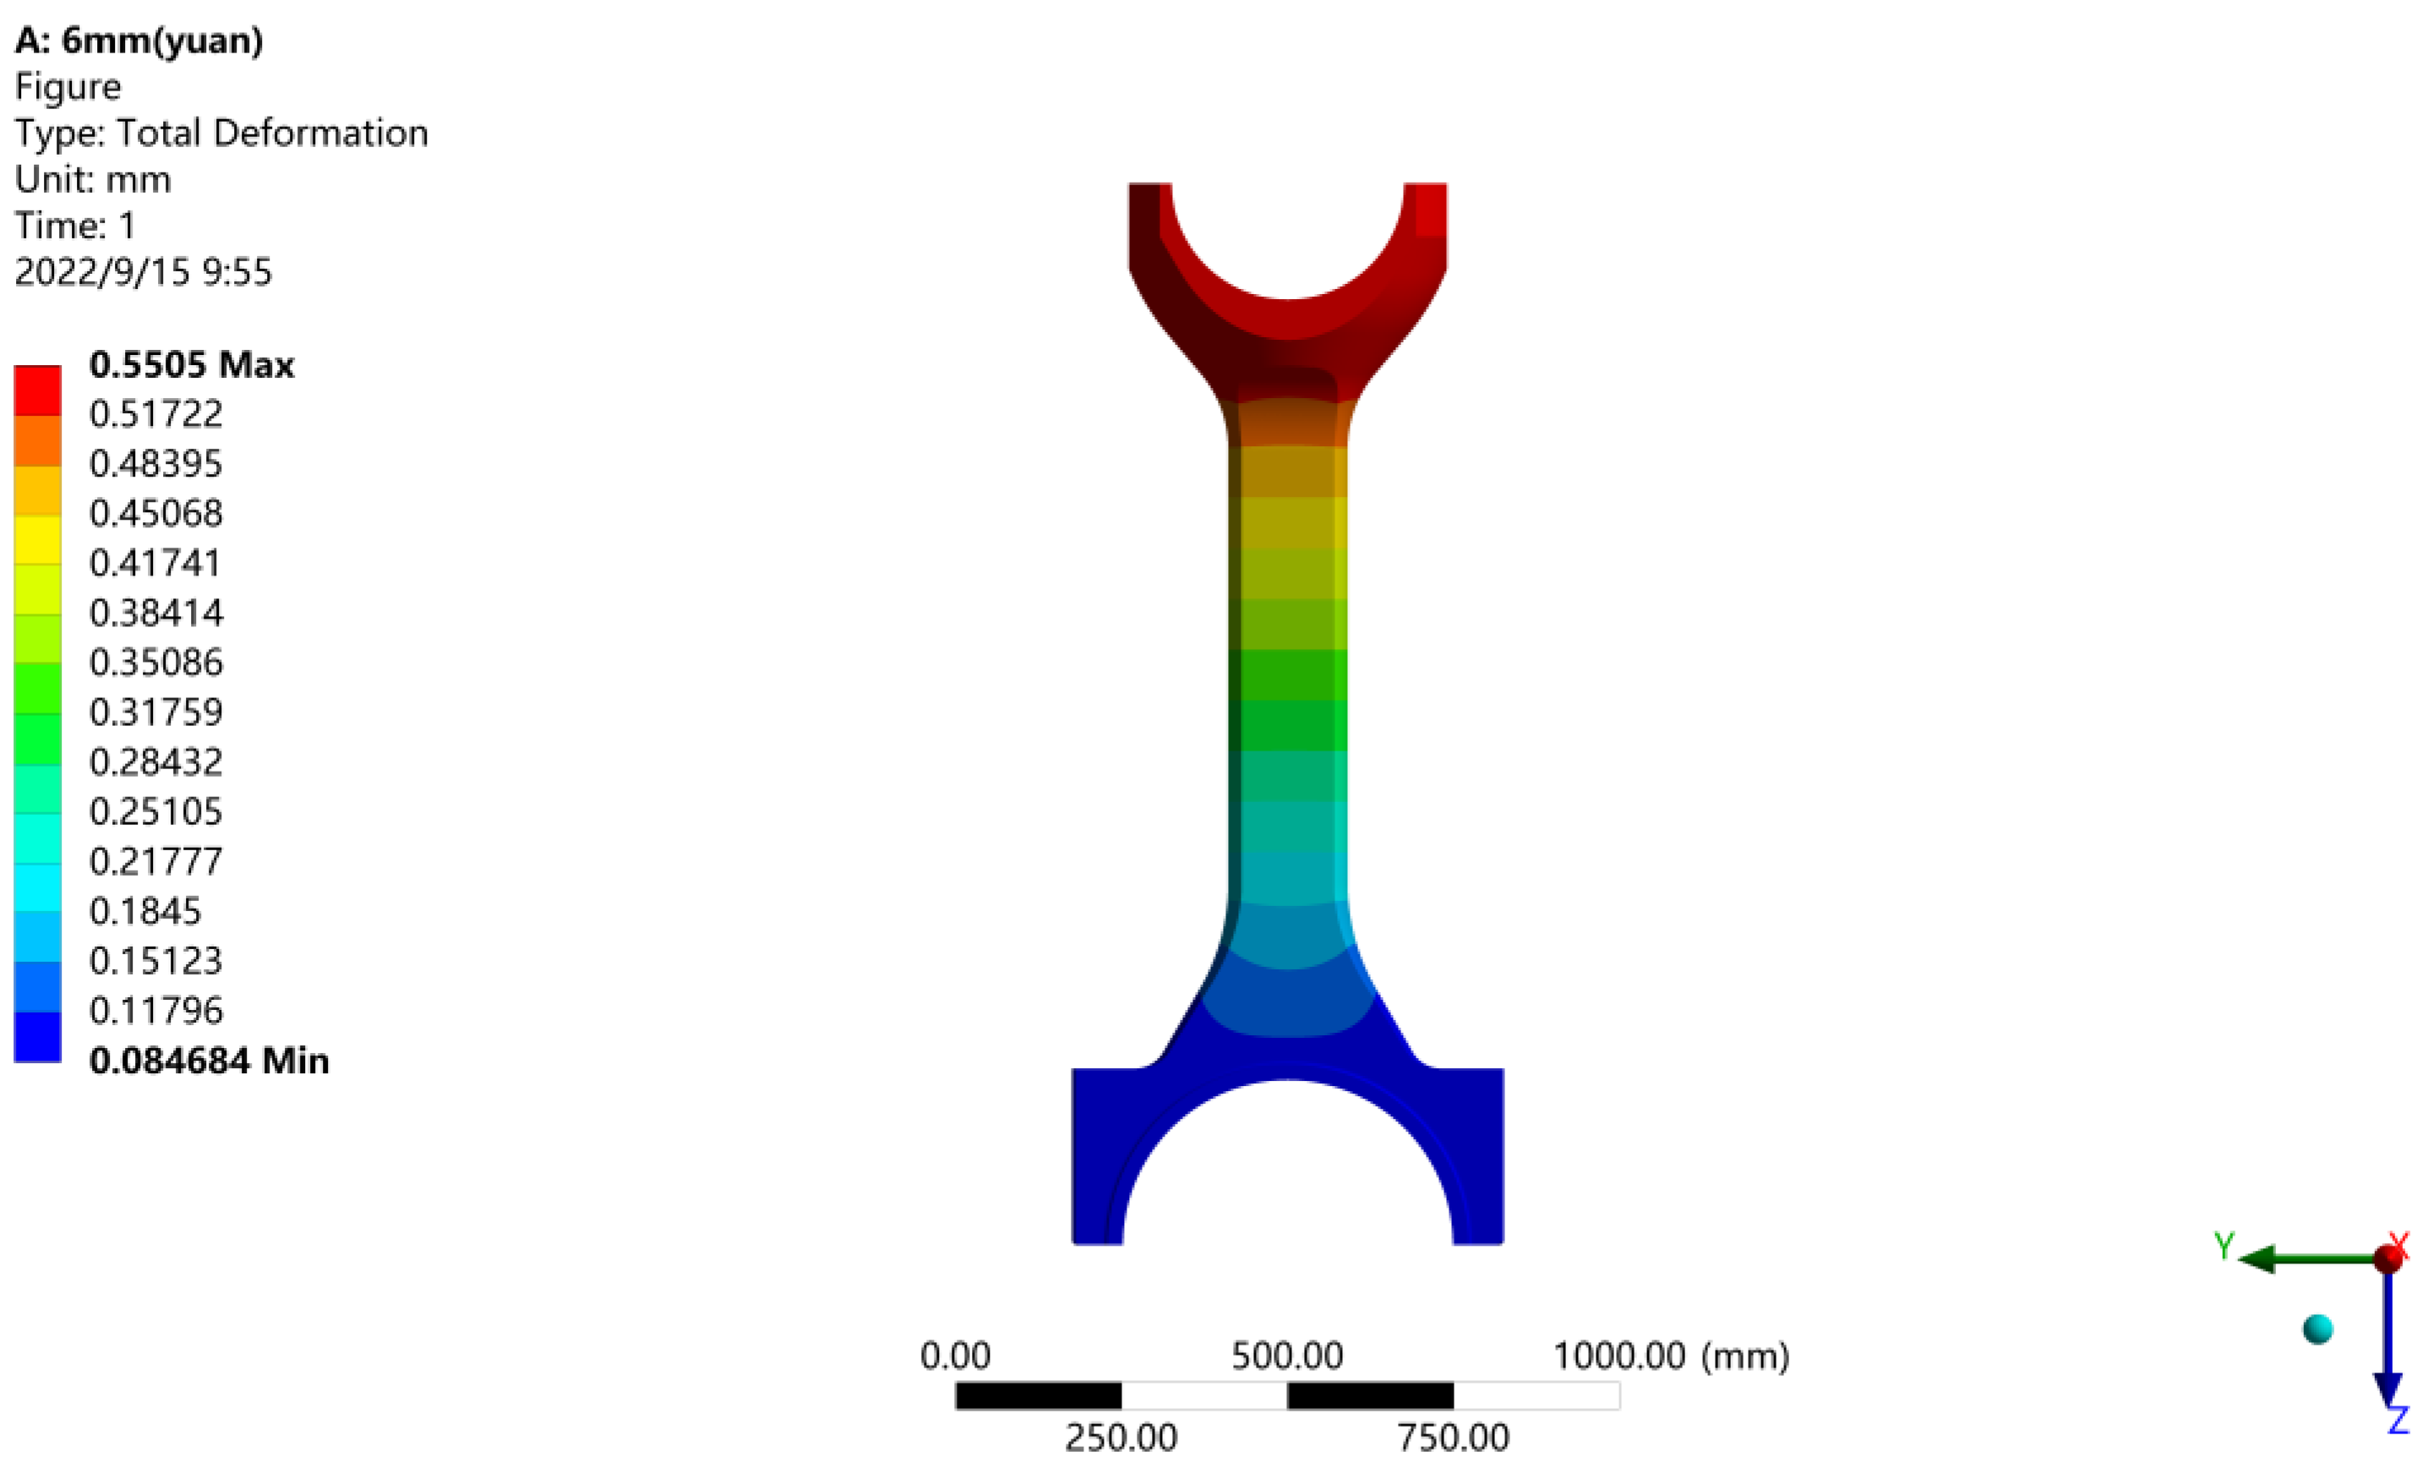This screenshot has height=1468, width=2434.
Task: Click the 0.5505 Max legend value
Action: coord(191,365)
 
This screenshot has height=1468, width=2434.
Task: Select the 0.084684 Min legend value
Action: coord(209,1061)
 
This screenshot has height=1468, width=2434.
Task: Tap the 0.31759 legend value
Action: coord(156,712)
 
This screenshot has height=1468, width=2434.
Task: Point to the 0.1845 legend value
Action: coord(145,911)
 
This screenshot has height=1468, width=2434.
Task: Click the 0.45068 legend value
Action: coord(156,514)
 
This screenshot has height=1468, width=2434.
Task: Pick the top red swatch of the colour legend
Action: coord(37,390)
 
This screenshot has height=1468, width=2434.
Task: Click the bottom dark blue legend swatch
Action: coord(37,1037)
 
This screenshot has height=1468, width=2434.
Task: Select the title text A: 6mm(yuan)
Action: coord(139,41)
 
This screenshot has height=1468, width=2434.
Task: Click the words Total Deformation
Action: coord(271,134)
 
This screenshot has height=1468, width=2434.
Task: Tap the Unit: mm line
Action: coord(93,180)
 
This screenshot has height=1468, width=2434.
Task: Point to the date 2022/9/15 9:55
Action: coord(143,271)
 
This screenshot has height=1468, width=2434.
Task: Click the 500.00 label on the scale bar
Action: coord(1286,1356)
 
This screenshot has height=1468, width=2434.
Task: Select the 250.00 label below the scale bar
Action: coord(1120,1438)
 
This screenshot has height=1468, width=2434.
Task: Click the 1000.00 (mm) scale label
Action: coord(1670,1356)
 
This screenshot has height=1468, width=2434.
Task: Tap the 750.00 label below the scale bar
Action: coord(1452,1438)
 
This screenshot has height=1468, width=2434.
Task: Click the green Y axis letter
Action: coord(2224,1246)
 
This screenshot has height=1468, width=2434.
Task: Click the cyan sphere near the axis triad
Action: coord(2317,1329)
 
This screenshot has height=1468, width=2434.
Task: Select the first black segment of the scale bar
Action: coord(1038,1396)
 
